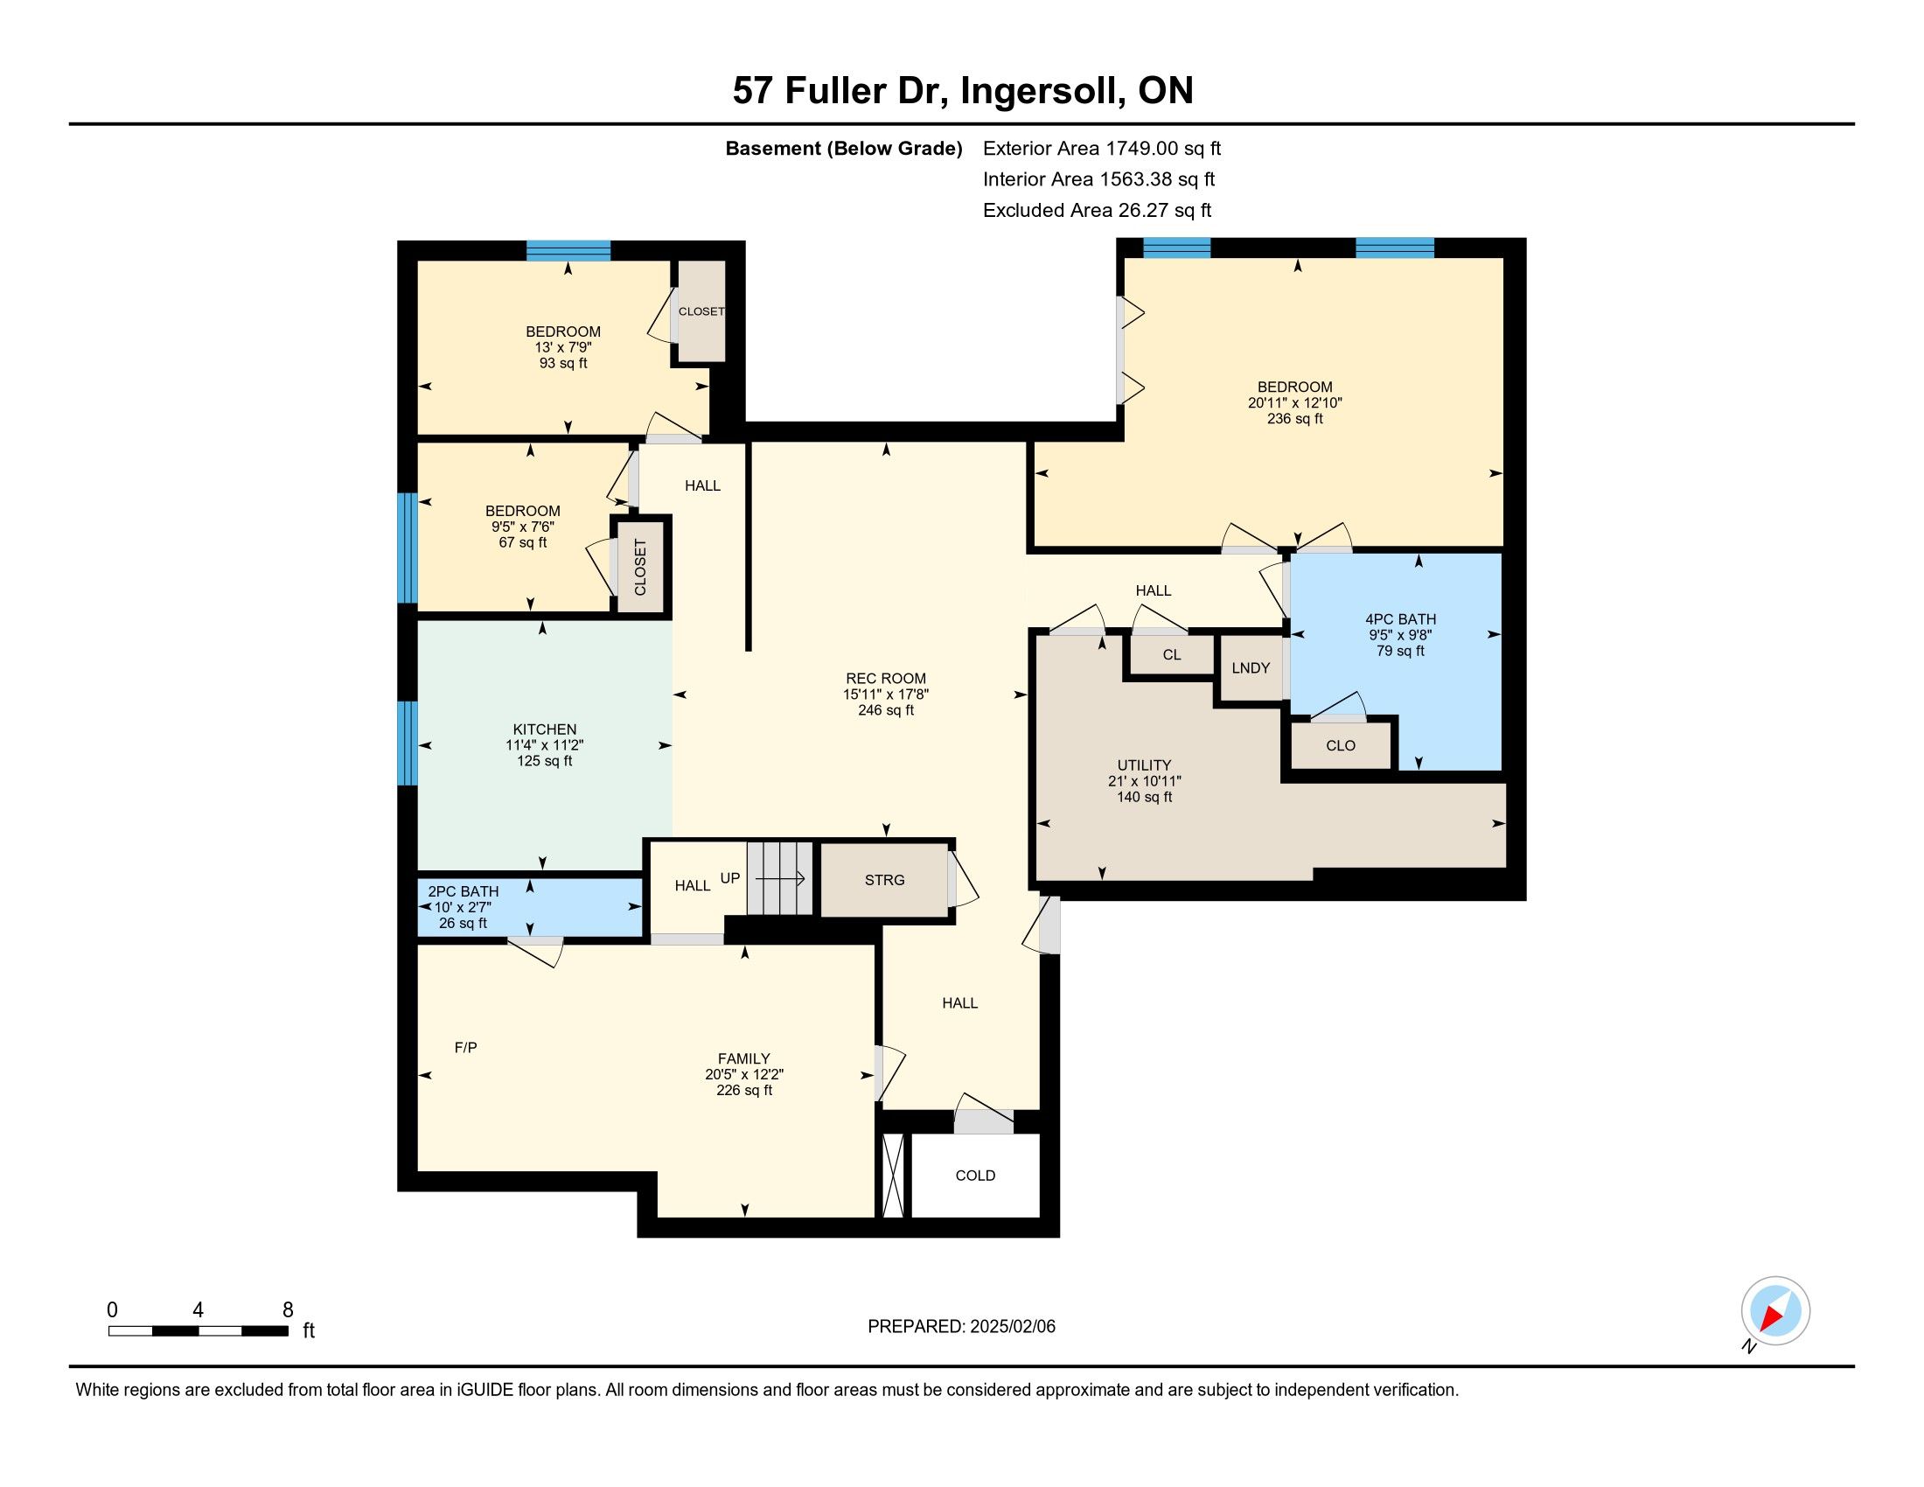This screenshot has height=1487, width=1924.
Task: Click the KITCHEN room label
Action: [545, 730]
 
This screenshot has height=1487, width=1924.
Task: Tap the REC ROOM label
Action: [885, 678]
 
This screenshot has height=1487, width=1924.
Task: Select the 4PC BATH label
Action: [1400, 619]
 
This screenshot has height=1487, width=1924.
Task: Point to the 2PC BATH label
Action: [464, 891]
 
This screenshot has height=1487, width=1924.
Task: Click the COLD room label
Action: [975, 1175]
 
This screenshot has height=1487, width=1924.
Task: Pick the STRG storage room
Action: [884, 880]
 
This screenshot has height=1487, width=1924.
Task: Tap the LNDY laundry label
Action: [1250, 667]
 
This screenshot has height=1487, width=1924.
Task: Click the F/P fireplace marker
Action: [465, 1047]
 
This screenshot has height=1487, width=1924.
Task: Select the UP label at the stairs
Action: [729, 877]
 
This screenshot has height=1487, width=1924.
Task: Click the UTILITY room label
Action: [1144, 765]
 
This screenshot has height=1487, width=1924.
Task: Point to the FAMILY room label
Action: [743, 1059]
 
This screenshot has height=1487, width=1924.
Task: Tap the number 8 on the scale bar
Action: [287, 1310]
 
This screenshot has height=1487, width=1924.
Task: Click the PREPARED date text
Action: [961, 1326]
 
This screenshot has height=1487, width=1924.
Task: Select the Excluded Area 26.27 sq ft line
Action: [1097, 210]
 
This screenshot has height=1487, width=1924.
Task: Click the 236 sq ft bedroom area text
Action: [1295, 418]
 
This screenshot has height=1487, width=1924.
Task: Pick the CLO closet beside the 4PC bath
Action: [1340, 745]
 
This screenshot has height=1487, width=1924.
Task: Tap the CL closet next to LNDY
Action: [1171, 654]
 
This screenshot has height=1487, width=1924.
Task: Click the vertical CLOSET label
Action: [640, 568]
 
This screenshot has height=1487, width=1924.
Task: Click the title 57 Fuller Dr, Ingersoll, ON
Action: [963, 91]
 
